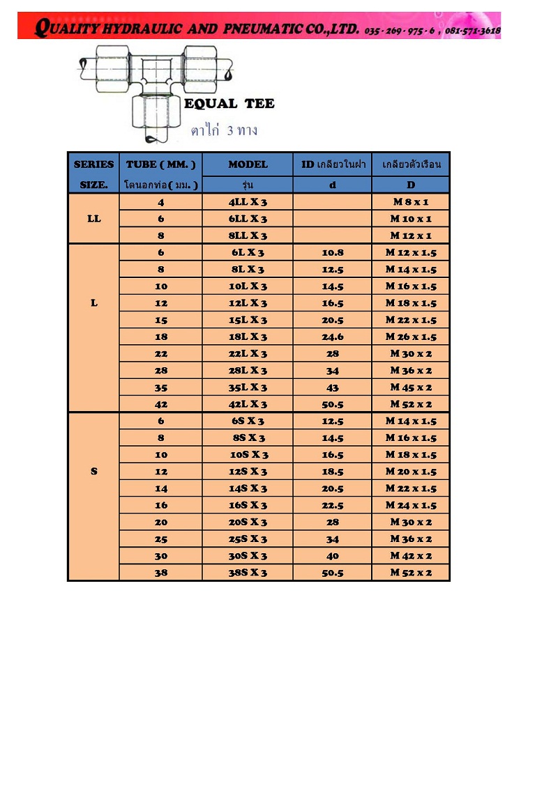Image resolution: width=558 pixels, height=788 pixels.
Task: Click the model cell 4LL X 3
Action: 248,202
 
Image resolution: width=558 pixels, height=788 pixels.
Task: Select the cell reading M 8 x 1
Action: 410,202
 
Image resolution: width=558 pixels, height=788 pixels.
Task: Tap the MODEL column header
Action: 248,164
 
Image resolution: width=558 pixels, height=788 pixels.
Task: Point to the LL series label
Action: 94,219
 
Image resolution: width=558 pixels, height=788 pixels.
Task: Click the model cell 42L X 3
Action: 248,404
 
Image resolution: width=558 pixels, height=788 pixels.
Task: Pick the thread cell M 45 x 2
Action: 410,387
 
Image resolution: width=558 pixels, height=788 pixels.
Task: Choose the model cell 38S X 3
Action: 248,573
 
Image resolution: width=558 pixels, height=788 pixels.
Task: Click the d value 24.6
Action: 332,337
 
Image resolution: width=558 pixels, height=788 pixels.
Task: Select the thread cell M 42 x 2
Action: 410,556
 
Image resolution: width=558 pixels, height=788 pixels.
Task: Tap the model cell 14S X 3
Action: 248,488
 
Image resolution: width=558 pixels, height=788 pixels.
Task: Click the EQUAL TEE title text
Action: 229,104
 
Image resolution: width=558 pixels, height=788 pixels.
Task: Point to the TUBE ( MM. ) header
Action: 161,164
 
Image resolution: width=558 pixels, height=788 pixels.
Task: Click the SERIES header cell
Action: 94,164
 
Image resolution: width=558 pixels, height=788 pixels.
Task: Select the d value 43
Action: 332,387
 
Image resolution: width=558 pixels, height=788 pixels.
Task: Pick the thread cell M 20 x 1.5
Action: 410,472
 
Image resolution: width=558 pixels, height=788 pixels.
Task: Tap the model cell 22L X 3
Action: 248,353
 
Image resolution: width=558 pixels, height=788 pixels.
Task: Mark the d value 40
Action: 332,556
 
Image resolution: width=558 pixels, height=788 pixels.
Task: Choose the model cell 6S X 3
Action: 248,421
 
